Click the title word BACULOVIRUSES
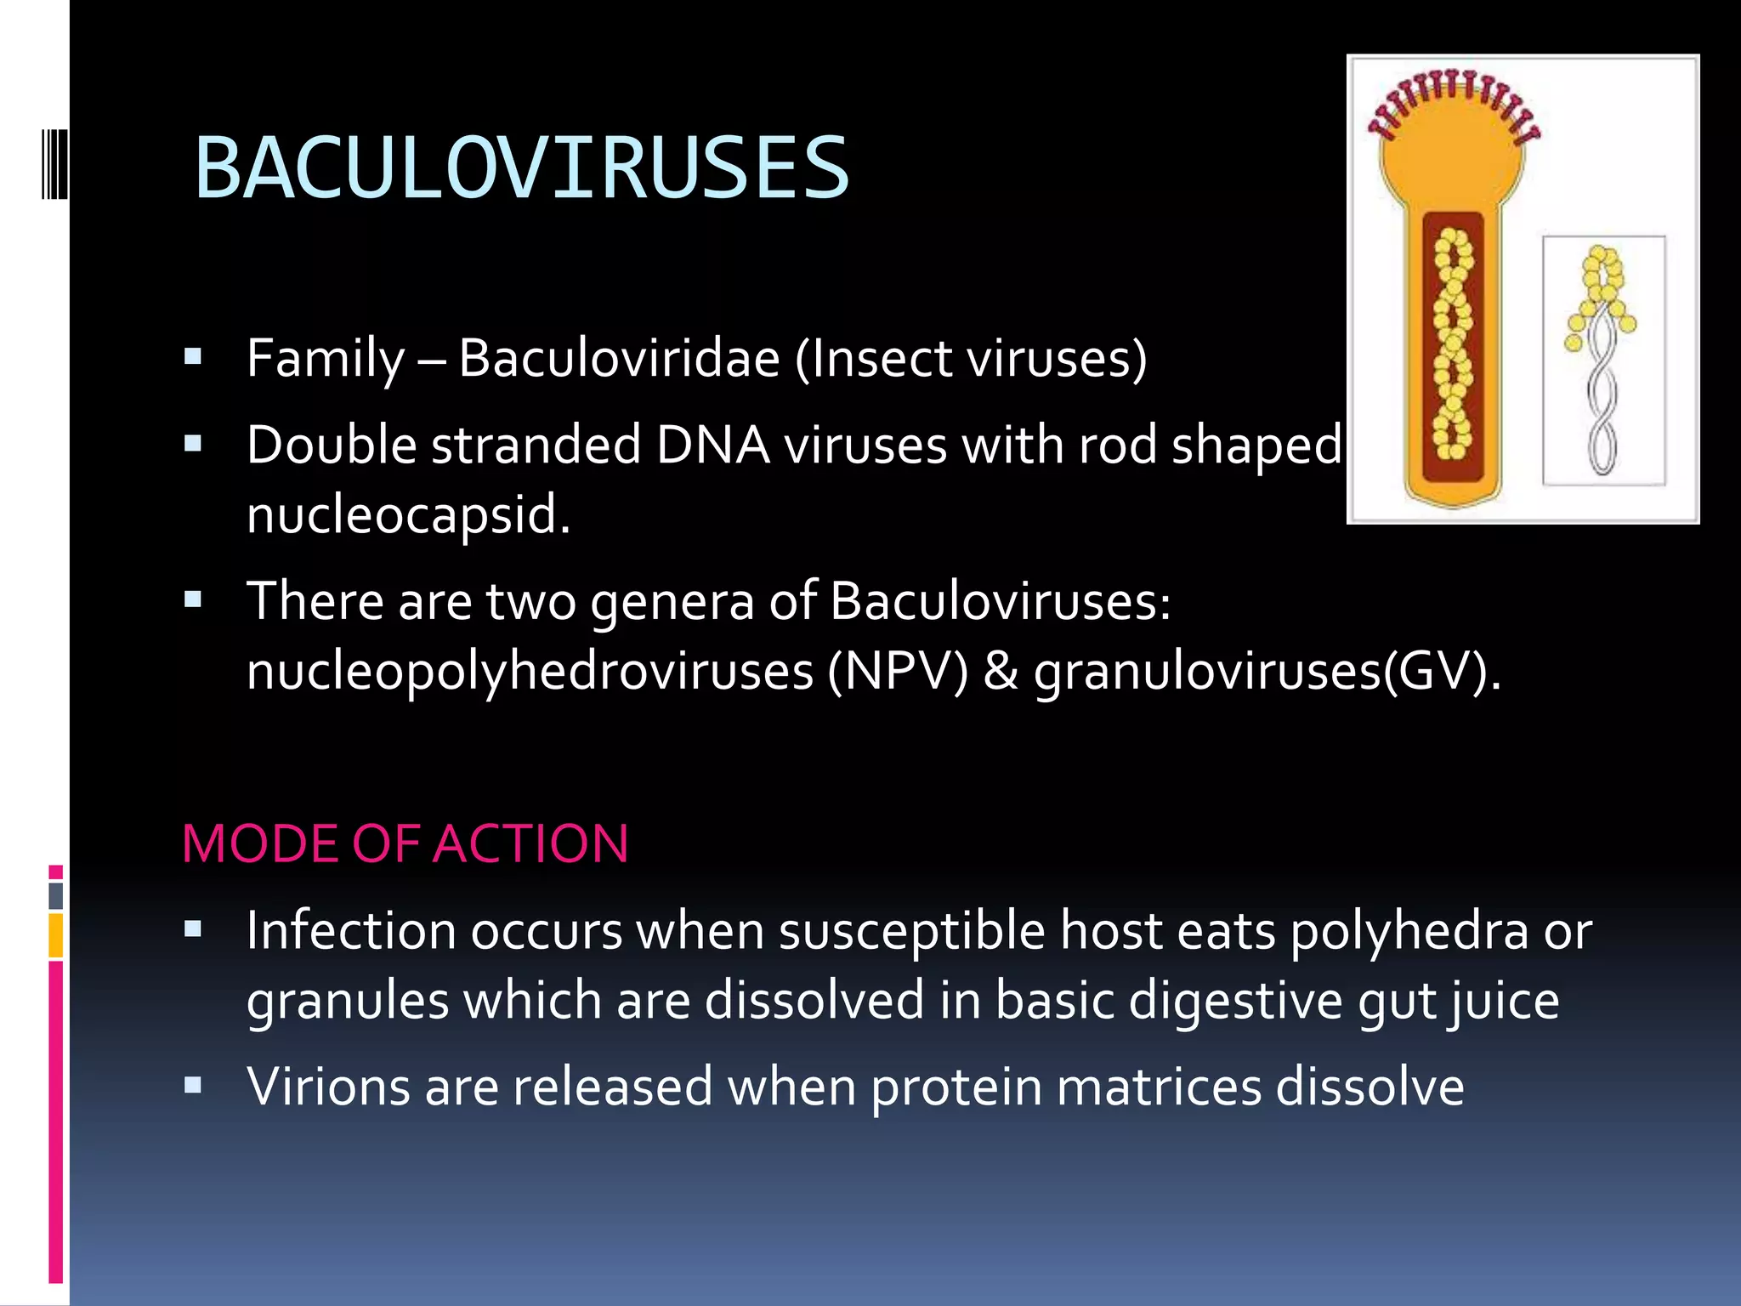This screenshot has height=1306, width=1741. tap(521, 168)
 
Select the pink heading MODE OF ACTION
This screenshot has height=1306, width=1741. tap(405, 844)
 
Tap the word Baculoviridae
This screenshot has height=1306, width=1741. tap(619, 358)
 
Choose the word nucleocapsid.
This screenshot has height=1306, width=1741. tap(406, 514)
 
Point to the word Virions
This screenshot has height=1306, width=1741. tap(329, 1087)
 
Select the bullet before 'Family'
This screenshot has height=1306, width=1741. tap(193, 356)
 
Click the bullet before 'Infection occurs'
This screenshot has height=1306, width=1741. tap(193, 929)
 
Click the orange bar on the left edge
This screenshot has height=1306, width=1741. tap(55, 935)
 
